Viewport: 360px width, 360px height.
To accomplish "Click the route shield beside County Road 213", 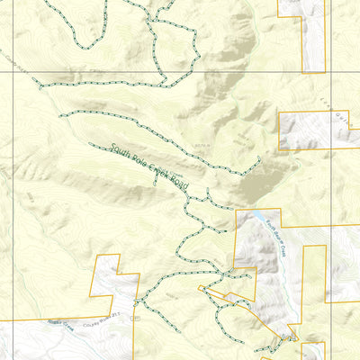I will (135, 318).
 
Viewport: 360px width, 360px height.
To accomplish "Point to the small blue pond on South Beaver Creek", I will (267, 222).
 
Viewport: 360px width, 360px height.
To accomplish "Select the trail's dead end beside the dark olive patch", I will (260, 158).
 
